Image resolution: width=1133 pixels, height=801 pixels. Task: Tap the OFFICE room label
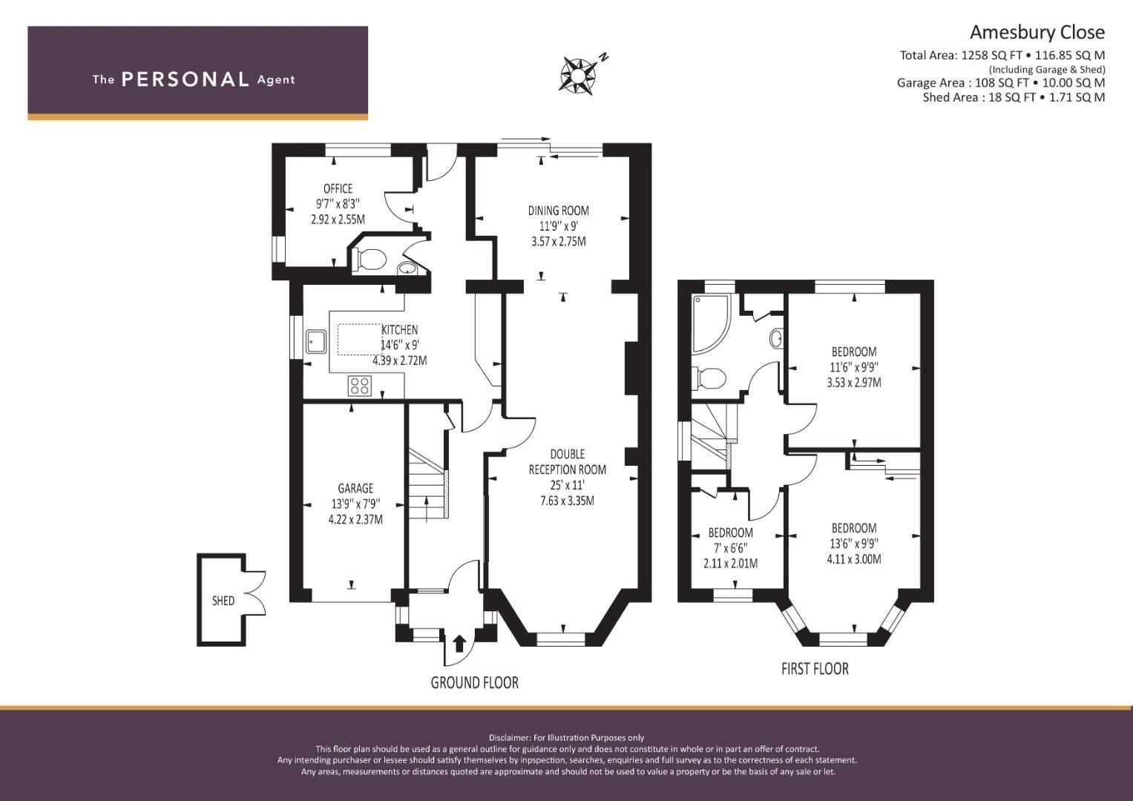pos(338,188)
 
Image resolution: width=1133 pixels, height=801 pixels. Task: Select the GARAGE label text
pos(355,488)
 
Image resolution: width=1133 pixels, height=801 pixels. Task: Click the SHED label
pos(223,600)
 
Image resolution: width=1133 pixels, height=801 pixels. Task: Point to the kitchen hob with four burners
pos(360,386)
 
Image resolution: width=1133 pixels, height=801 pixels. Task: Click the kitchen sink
pos(316,341)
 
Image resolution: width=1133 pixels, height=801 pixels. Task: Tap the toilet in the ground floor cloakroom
pos(371,259)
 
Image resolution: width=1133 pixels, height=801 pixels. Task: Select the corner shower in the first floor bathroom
pos(711,323)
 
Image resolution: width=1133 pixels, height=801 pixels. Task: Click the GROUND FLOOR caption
pos(474,682)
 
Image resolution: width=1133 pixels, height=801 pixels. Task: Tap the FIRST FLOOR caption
pos(815,668)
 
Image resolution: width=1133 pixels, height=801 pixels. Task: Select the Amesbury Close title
pos(1037,33)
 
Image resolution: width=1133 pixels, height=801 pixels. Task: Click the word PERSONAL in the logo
pos(185,79)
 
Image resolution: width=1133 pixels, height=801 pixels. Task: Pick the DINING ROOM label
pos(559,211)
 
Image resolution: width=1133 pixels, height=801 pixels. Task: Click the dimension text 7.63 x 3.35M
pos(567,501)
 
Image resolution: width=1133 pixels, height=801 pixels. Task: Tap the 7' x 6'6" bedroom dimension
pos(730,547)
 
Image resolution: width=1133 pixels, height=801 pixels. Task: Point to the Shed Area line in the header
pos(1014,97)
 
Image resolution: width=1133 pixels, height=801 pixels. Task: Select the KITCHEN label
pos(400,330)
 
